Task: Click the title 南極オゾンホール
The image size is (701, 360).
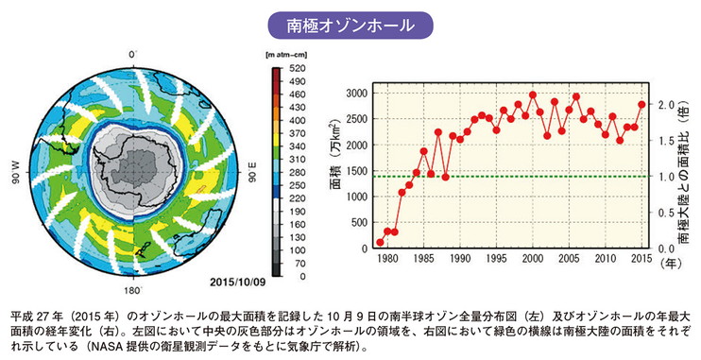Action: pos(350,24)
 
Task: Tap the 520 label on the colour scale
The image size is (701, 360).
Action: pos(296,69)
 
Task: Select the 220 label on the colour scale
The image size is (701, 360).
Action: pos(296,187)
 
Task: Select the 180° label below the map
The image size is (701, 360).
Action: pos(133,292)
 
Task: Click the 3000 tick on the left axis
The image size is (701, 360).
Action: pos(358,93)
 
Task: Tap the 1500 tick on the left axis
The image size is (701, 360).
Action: pos(358,171)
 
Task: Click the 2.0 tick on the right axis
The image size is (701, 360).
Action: pos(665,104)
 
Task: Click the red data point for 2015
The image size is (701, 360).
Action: pos(642,105)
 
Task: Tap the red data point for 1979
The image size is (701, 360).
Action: pos(380,243)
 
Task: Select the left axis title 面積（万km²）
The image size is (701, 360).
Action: pos(334,156)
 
